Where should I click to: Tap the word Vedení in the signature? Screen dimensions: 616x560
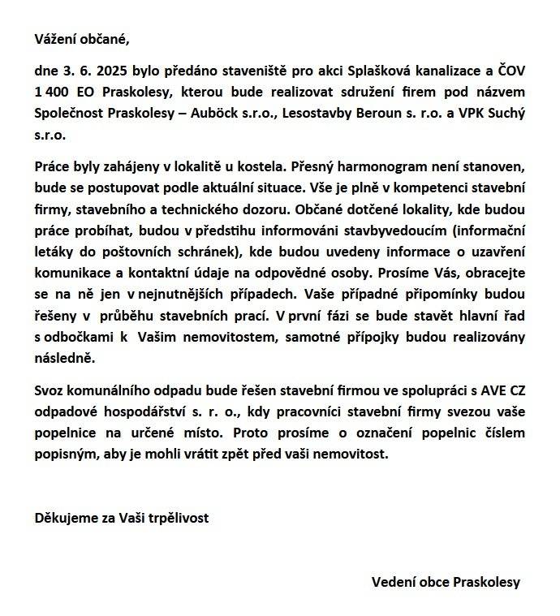393,582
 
